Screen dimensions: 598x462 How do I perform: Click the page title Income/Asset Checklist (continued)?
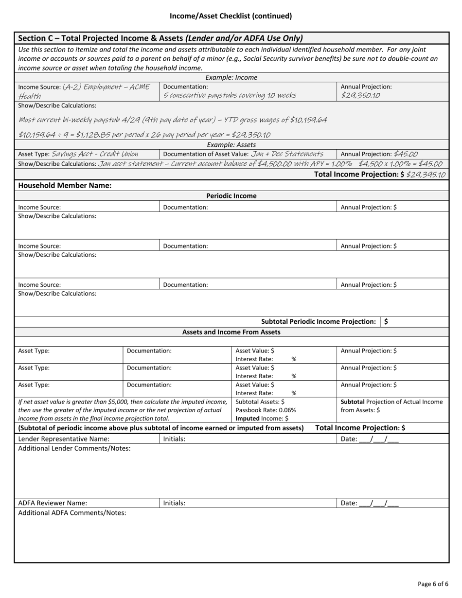click(x=231, y=16)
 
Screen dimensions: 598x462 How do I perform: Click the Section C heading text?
click(x=160, y=38)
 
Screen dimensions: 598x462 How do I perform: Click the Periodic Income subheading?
click(x=231, y=196)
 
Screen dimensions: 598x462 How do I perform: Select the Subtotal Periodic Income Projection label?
click(x=319, y=321)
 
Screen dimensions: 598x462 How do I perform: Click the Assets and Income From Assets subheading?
click(x=231, y=332)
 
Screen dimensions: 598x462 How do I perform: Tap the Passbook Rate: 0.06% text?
click(x=266, y=410)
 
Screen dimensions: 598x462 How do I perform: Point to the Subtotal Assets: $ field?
click(x=260, y=402)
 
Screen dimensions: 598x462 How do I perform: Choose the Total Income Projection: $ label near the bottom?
click(x=360, y=428)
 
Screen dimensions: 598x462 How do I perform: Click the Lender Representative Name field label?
click(x=64, y=439)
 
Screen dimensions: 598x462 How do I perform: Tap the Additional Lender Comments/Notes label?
click(x=74, y=448)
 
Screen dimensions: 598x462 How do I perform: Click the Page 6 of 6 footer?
click(x=433, y=584)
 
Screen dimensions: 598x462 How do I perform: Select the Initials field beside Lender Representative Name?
click(x=174, y=439)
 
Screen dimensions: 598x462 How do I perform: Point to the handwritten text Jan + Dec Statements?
click(x=287, y=154)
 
